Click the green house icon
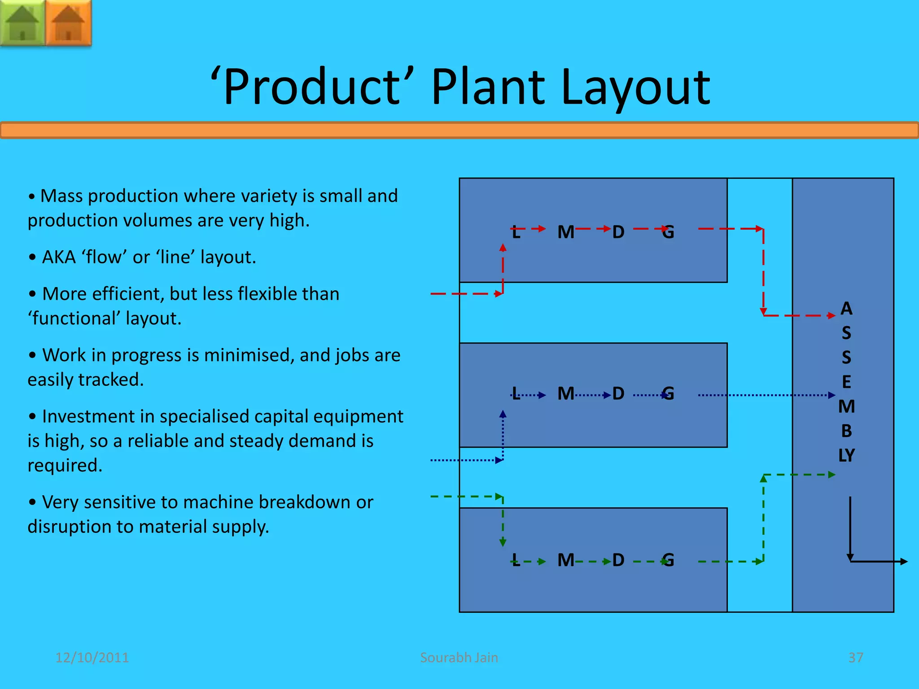tap(22, 22)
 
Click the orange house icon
tap(69, 22)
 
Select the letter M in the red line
tap(566, 232)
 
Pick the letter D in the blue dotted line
tap(618, 394)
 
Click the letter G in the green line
tap(668, 560)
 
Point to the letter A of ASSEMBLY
tap(846, 309)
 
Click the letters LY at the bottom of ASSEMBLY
tap(846, 455)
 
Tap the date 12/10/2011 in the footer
tap(92, 658)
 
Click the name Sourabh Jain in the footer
tap(459, 658)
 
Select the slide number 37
tap(855, 658)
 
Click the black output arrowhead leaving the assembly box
tap(904, 561)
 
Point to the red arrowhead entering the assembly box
tap(831, 316)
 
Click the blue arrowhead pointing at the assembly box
tap(831, 395)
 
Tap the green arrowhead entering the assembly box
tap(831, 475)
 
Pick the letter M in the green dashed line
tap(566, 560)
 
